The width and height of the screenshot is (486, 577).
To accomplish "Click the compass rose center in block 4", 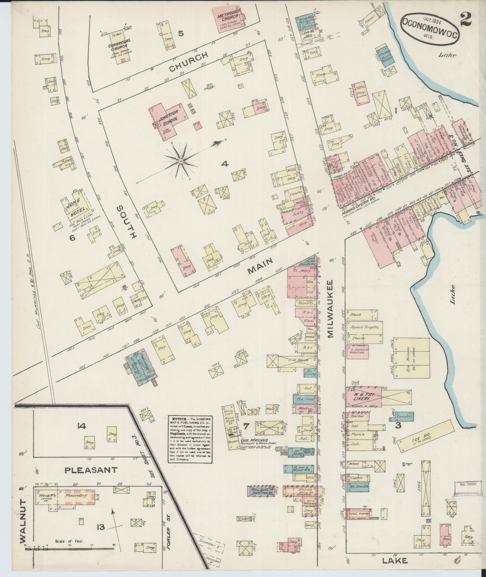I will point(180,162).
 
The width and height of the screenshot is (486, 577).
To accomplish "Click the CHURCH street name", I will point(189,62).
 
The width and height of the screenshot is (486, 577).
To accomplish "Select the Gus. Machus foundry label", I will point(255,441).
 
